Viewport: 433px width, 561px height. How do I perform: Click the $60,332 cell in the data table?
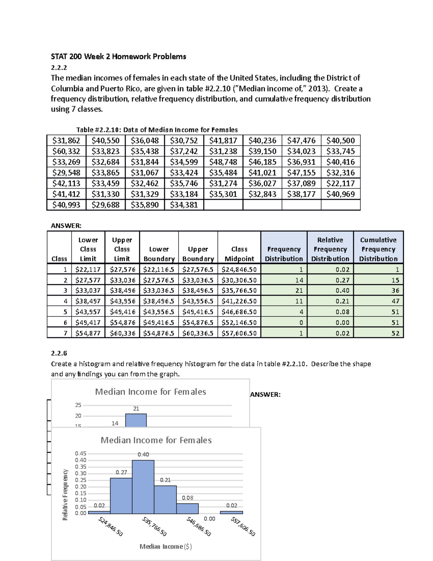[66, 151]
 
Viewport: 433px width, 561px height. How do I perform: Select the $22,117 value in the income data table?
[340, 183]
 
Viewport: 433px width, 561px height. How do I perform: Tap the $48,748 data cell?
[223, 162]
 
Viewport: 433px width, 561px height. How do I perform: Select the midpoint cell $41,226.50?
[239, 301]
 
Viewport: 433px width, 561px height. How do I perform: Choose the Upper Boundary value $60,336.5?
[198, 333]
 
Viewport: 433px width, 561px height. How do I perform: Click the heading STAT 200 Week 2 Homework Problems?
[118, 56]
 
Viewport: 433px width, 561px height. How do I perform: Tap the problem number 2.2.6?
[59, 353]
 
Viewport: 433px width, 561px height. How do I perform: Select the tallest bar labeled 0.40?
[143, 487]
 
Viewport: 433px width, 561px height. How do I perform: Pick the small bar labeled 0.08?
[187, 509]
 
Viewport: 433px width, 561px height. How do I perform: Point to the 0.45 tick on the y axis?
[80, 453]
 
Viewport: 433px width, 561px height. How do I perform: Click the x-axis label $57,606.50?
[243, 527]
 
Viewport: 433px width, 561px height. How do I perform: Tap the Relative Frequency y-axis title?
[65, 495]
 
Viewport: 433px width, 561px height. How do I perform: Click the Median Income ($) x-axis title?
[166, 547]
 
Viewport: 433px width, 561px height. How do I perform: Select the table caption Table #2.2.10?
[157, 130]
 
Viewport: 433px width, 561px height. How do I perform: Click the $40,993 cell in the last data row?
[66, 205]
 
